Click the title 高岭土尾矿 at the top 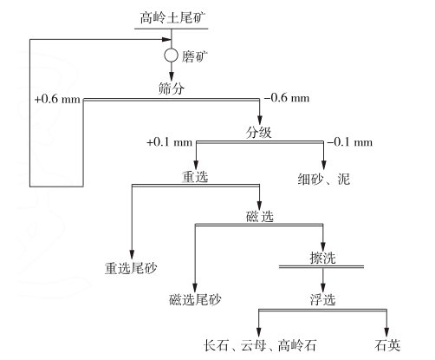[172, 18]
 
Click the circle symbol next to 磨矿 [171, 56]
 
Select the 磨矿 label [194, 56]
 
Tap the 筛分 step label [171, 88]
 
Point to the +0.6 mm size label [57, 99]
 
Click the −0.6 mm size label [287, 98]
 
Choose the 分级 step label [258, 133]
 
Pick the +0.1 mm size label [170, 142]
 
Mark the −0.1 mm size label [350, 142]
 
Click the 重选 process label [195, 176]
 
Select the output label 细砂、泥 [324, 179]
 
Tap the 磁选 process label [260, 216]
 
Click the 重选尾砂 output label [131, 268]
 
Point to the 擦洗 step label [322, 258]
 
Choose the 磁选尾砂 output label [195, 299]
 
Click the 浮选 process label [322, 299]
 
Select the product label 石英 [387, 345]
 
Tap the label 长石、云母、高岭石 [260, 345]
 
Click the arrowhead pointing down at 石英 [386, 332]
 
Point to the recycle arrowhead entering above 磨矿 [166, 39]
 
